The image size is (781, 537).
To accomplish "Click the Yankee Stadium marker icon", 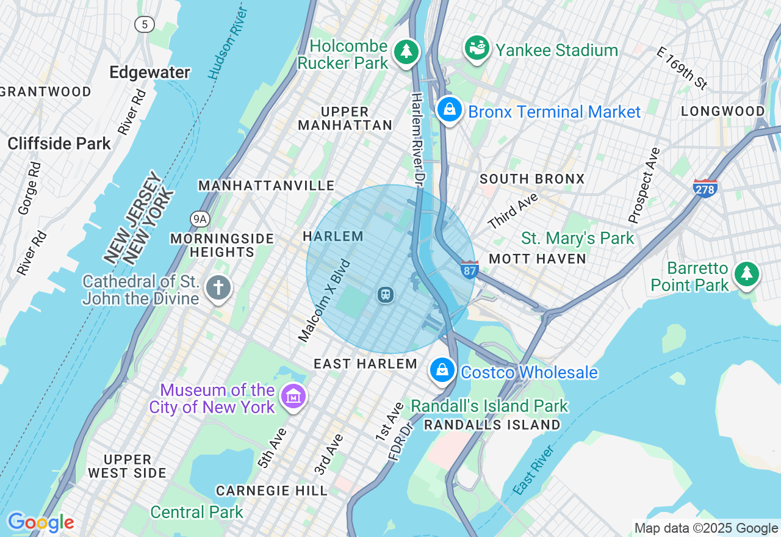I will click(x=477, y=48).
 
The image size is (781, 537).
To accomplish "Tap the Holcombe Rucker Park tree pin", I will click(x=406, y=52).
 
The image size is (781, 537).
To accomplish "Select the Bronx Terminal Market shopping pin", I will click(x=450, y=110).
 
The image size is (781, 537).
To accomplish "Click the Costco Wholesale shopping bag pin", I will click(x=442, y=370).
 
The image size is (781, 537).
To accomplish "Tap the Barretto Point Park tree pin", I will click(x=746, y=275).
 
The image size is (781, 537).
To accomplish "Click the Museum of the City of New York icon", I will click(x=293, y=397).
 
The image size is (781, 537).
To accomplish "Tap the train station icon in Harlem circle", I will click(x=385, y=295).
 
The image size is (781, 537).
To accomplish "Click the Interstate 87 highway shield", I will click(x=469, y=269).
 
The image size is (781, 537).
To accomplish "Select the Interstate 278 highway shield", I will click(x=705, y=188).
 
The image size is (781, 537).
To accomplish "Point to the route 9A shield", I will click(x=200, y=218).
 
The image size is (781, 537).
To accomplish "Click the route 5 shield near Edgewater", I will click(x=145, y=24).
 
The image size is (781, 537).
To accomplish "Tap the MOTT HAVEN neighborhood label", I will click(x=538, y=259).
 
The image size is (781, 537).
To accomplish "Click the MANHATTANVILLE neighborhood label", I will click(x=267, y=186).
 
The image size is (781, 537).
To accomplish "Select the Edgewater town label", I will click(x=149, y=73).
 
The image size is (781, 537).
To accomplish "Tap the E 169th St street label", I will click(x=682, y=68).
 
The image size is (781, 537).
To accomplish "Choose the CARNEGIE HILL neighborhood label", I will click(x=272, y=491).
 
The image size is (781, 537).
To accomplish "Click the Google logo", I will click(x=40, y=522).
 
